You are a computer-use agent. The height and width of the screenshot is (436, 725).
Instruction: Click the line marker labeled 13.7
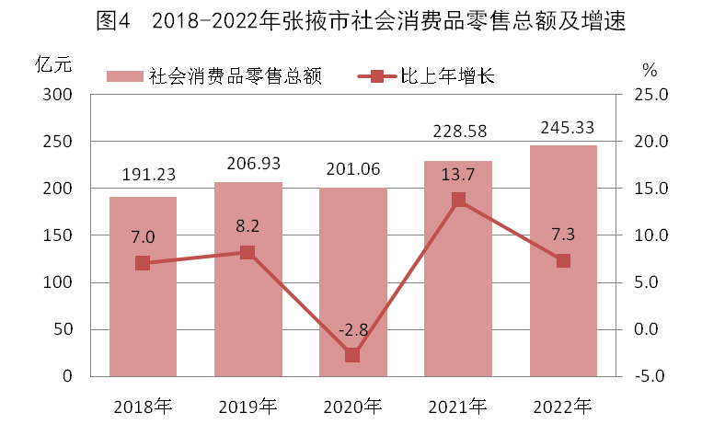(x=458, y=200)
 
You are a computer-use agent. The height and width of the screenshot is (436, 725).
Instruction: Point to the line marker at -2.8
(x=352, y=355)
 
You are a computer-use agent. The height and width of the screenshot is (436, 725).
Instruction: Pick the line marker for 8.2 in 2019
(x=247, y=252)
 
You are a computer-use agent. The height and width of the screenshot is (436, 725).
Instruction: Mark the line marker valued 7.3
(x=563, y=260)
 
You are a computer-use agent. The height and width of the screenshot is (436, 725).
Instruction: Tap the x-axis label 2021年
(x=458, y=405)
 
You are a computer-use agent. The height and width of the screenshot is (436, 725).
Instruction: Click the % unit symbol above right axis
(x=650, y=70)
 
